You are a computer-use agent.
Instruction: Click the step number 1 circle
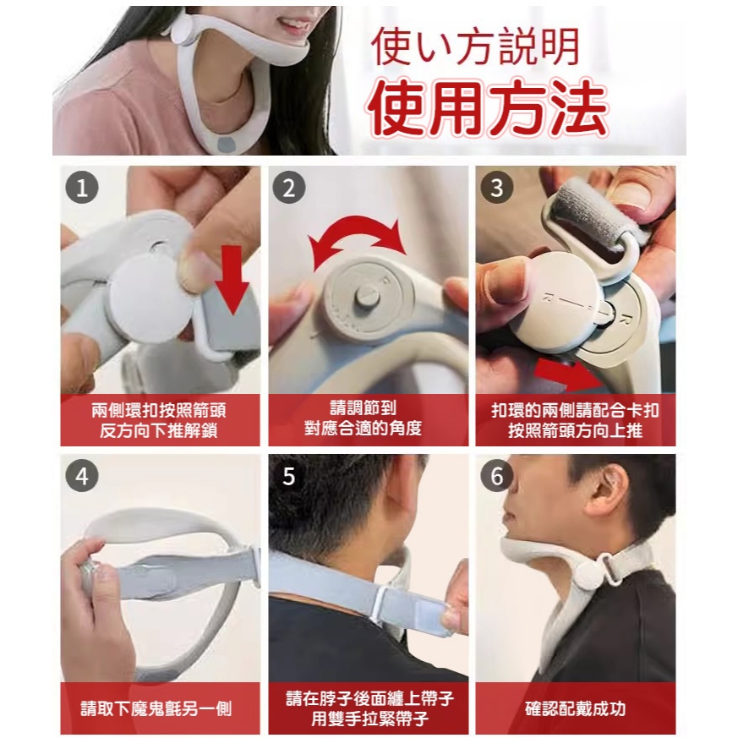coord(82,189)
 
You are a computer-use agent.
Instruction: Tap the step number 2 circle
coord(289,189)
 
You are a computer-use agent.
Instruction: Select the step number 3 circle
coord(497,189)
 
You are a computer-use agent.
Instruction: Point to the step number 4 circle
coord(82,476)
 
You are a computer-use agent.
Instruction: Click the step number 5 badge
coord(289,476)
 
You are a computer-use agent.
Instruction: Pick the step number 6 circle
coord(497,476)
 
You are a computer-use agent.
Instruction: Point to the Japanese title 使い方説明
coord(475,47)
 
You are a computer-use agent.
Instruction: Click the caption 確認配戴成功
coord(575,708)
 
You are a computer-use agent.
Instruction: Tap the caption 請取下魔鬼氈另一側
coord(156,708)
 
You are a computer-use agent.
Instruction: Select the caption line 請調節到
coord(363,407)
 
